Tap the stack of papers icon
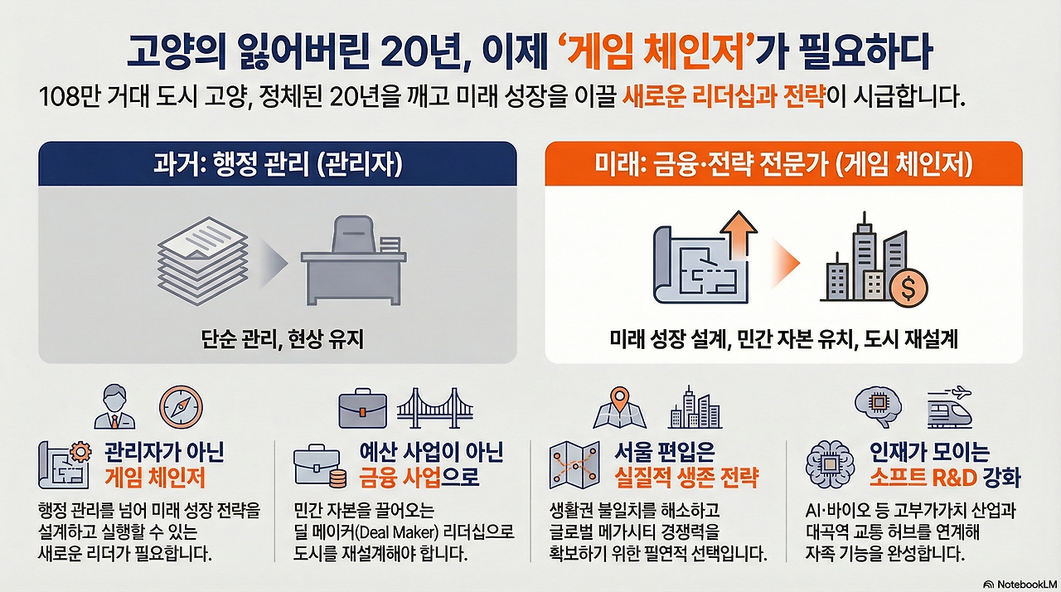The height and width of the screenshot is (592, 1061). [203, 261]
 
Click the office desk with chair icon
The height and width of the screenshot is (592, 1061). [354, 260]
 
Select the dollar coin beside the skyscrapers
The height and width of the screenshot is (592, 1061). [908, 288]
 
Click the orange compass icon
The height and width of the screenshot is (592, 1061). [181, 407]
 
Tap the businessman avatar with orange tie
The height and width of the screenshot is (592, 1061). [114, 407]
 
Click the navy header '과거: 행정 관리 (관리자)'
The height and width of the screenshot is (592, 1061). [278, 164]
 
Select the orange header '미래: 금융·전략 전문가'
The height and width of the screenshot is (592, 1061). [711, 164]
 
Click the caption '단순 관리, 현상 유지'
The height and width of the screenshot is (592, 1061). [283, 339]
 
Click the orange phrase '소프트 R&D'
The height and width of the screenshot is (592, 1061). [923, 478]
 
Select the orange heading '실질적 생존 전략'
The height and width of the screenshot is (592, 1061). [686, 478]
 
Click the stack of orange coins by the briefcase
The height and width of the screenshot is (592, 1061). [337, 478]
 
